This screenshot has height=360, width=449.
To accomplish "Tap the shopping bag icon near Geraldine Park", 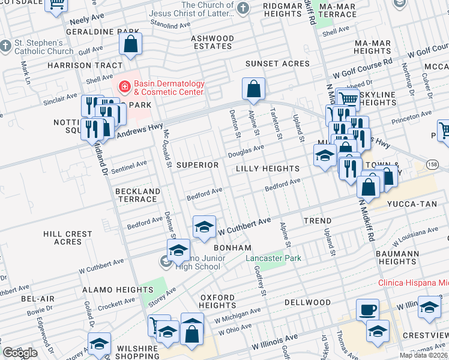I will [130, 44].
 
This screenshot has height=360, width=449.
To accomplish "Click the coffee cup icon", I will [367, 310].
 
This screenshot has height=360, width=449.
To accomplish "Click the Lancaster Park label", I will [274, 259].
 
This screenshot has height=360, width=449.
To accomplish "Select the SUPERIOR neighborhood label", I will [197, 165].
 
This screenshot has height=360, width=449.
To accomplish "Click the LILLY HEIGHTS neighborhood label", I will [267, 169].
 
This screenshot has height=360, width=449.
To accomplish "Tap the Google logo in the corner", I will [20, 353].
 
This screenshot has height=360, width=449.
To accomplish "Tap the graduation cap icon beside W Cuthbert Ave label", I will [204, 226].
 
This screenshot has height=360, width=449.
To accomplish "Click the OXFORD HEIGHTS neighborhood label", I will [218, 301].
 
